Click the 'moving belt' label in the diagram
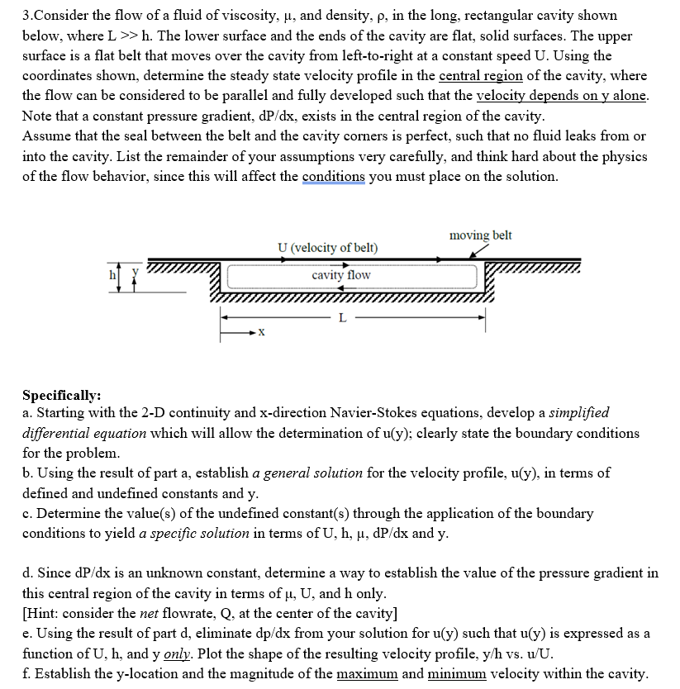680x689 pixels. coord(480,235)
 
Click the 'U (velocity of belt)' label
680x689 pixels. coord(327,247)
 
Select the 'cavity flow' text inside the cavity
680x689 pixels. coord(341,274)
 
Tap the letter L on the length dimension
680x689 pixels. coord(343,317)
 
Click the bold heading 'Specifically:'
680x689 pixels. coord(63,394)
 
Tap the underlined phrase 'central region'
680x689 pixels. coord(478,76)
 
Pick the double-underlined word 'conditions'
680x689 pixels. coord(334,176)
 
